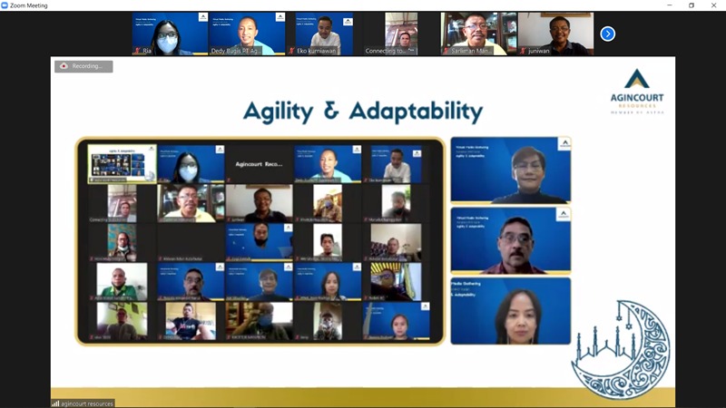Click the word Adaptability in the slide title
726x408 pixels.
tap(417, 112)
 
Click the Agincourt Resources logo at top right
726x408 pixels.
tap(636, 92)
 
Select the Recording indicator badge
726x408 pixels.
tap(83, 66)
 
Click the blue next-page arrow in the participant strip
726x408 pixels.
tap(608, 34)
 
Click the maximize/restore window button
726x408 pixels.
tap(691, 5)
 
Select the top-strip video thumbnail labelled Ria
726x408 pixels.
tap(170, 34)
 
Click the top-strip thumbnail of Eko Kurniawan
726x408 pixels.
tap(324, 34)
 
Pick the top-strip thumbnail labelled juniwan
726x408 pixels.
tap(555, 34)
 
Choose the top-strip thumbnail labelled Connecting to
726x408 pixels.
tap(401, 34)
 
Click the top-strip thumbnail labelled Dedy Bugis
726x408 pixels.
tap(247, 34)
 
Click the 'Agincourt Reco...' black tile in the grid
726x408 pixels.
tap(259, 164)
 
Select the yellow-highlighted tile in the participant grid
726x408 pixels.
tap(122, 164)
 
